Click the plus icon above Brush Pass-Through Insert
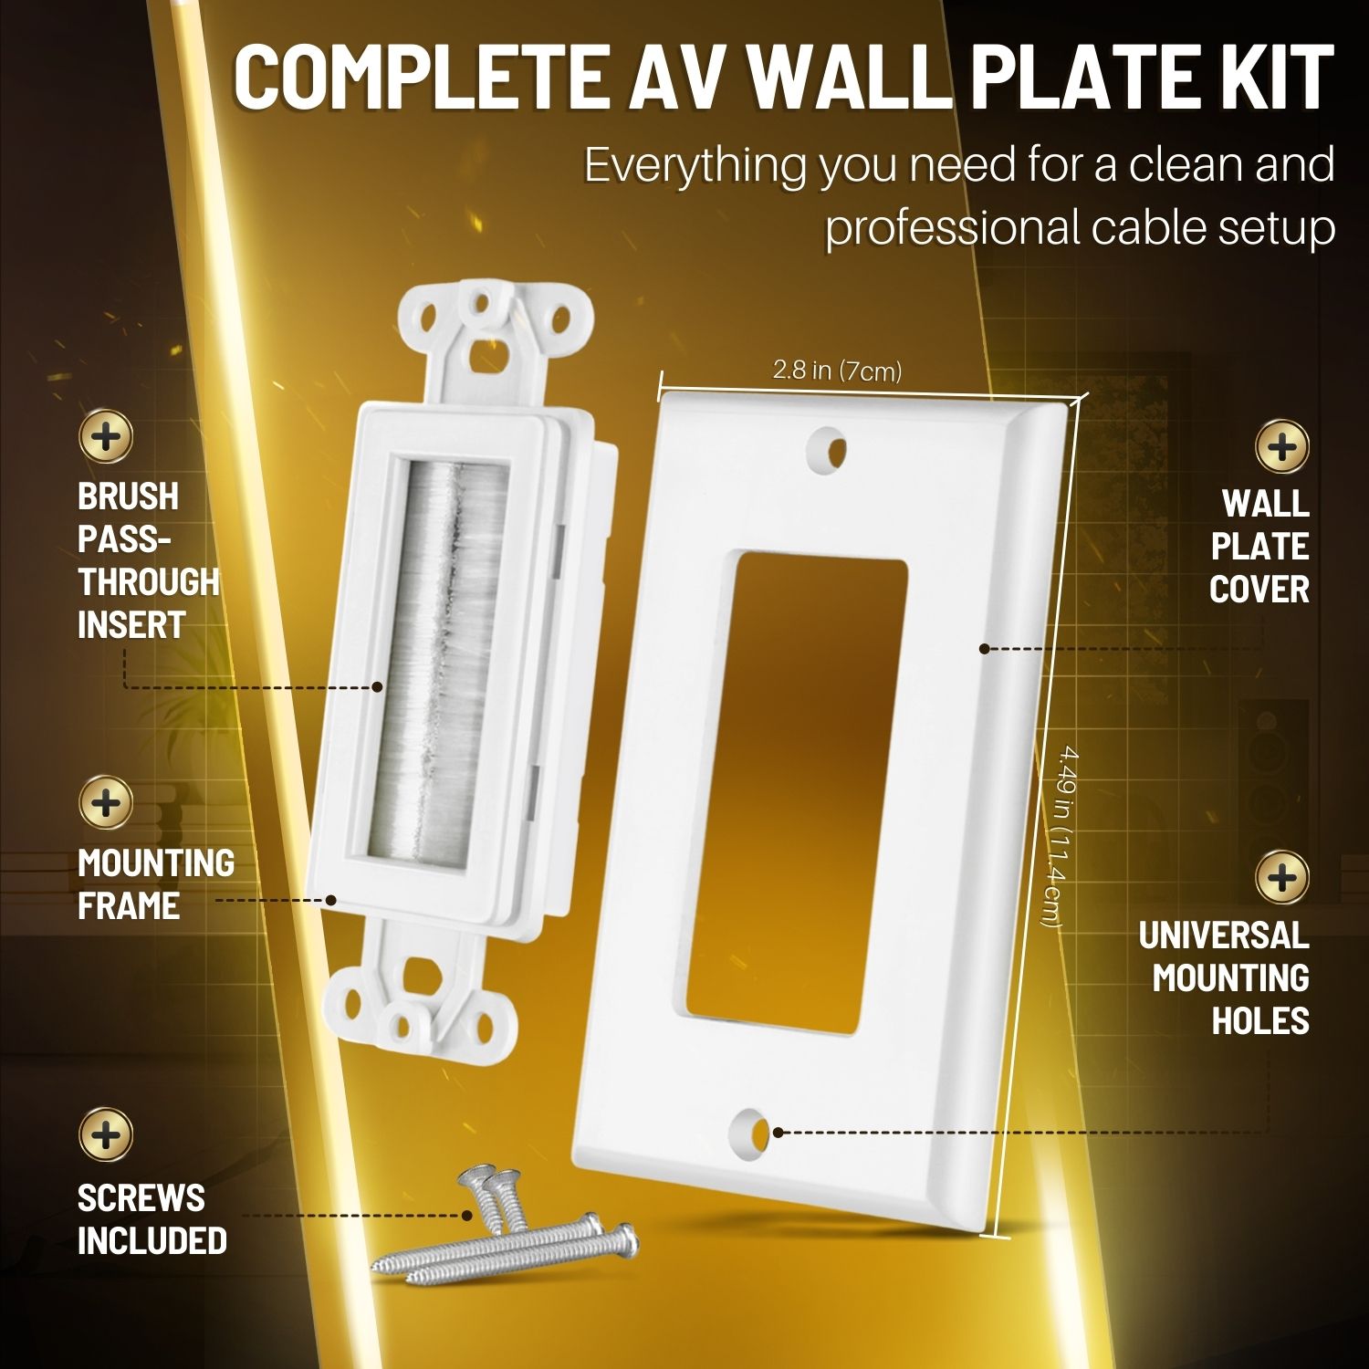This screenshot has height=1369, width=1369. (x=107, y=436)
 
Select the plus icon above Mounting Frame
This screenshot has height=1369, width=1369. (x=107, y=804)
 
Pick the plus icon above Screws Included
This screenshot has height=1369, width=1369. (x=107, y=1135)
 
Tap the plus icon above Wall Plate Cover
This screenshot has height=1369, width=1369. (x=1282, y=447)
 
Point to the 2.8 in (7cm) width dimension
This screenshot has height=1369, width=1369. (x=837, y=371)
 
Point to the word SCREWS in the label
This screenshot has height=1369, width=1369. (x=141, y=1198)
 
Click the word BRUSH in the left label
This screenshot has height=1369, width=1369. (x=128, y=496)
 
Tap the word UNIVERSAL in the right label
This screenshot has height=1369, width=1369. (x=1223, y=935)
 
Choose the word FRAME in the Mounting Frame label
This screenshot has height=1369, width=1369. (x=129, y=906)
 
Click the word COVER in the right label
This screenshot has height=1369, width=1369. (x=1259, y=590)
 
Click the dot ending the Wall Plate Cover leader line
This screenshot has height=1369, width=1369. (x=984, y=649)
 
